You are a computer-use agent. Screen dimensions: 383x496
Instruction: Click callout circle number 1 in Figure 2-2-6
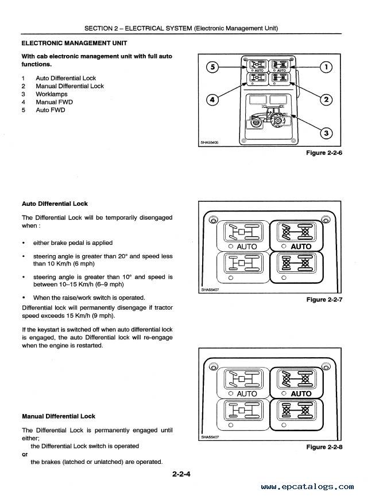pyautogui.click(x=326, y=67)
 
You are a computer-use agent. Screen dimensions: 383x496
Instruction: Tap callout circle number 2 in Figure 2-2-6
pyautogui.click(x=326, y=100)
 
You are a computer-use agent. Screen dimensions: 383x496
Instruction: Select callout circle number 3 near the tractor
pyautogui.click(x=326, y=133)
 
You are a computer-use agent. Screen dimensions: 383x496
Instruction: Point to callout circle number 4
pyautogui.click(x=212, y=100)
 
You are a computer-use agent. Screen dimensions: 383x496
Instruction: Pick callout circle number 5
pyautogui.click(x=212, y=67)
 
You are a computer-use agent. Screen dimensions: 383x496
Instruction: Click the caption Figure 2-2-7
pyautogui.click(x=324, y=299)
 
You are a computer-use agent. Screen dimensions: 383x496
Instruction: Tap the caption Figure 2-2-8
pyautogui.click(x=324, y=447)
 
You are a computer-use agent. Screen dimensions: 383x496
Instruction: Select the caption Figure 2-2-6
pyautogui.click(x=324, y=153)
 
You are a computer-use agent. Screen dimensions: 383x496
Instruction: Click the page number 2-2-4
pyautogui.click(x=181, y=474)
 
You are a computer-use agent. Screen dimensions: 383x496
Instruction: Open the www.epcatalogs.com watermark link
pyautogui.click(x=307, y=486)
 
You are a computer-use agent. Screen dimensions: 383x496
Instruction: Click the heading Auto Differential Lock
pyautogui.click(x=55, y=204)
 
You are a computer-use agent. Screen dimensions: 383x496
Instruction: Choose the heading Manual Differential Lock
pyautogui.click(x=59, y=416)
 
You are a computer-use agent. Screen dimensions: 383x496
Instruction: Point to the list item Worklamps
pyautogui.click(x=51, y=94)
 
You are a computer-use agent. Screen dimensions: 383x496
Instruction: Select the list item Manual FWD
pyautogui.click(x=54, y=102)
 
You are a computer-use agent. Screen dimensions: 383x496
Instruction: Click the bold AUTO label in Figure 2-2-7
pyautogui.click(x=301, y=247)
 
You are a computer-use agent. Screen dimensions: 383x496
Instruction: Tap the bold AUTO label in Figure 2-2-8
pyautogui.click(x=301, y=394)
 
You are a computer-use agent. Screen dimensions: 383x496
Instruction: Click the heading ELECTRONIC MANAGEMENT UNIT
pyautogui.click(x=75, y=43)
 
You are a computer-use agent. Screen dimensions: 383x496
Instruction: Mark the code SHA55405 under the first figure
pyautogui.click(x=210, y=142)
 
